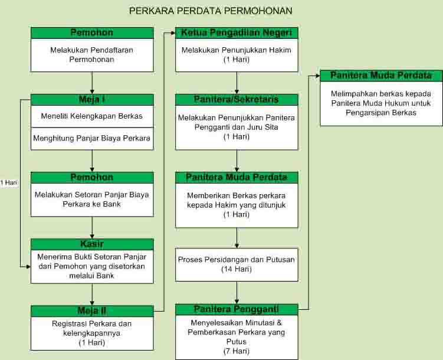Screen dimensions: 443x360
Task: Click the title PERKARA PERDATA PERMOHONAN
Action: point(211,11)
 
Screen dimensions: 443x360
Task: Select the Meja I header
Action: point(92,100)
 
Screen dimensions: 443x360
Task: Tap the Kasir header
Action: point(92,244)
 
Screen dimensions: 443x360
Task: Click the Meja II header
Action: point(92,311)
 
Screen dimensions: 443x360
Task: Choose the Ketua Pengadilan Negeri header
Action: point(237,33)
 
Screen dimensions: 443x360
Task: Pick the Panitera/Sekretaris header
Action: point(237,100)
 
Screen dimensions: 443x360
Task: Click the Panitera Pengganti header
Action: point(237,309)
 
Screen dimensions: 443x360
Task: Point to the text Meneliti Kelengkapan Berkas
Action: point(92,116)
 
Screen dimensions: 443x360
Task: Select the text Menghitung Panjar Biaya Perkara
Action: point(92,138)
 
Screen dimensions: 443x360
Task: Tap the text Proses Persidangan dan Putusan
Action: point(237,260)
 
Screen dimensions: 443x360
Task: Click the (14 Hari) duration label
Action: point(237,269)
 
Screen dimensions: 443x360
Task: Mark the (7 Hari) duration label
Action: point(237,351)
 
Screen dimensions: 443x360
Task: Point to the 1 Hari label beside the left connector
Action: point(9,182)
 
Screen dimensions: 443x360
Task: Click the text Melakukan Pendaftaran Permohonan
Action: point(92,55)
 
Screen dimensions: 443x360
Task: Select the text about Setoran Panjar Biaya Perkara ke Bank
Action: point(92,199)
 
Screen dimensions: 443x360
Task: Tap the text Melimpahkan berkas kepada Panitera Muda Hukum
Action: point(381,99)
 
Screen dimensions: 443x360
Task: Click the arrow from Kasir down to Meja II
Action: point(92,294)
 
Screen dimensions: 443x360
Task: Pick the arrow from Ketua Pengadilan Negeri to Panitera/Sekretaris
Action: point(237,83)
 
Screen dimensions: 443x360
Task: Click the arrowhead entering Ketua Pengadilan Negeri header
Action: point(173,33)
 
